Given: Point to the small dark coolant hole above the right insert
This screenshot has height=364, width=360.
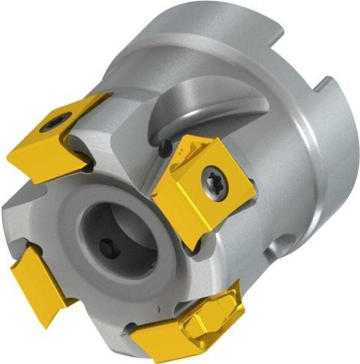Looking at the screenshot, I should [165, 147].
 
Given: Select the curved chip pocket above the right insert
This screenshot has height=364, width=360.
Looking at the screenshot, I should [200, 109].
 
